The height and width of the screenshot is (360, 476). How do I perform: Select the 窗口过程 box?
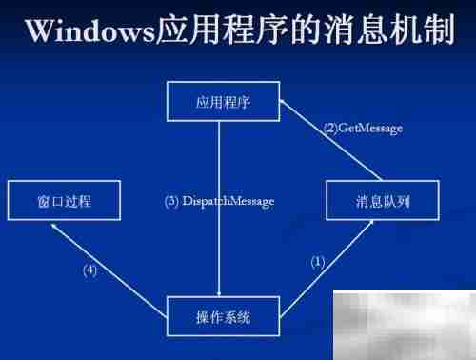(64, 202)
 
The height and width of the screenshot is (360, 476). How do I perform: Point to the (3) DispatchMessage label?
(220, 202)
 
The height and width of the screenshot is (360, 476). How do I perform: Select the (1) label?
(319, 261)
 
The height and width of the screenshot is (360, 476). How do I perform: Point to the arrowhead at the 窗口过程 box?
(54, 226)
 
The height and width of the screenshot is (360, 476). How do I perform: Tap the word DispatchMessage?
(228, 202)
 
